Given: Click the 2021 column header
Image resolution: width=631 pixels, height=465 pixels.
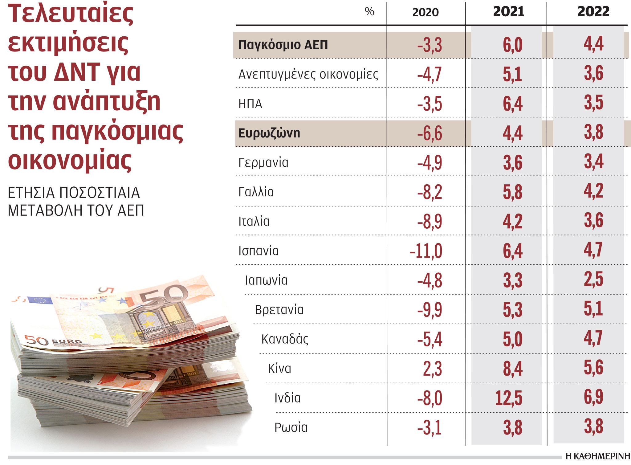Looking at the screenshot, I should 508,12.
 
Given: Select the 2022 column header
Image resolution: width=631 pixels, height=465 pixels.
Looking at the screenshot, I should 593,12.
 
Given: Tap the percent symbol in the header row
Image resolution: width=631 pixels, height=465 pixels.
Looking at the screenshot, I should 369,11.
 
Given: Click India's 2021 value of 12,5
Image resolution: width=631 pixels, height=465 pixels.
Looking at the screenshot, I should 508,398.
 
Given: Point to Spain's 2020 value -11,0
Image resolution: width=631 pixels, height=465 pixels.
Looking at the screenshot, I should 426,251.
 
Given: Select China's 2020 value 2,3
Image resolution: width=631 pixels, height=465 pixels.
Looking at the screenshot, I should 432,369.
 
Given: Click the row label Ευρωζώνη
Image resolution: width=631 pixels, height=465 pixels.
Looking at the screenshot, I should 269,133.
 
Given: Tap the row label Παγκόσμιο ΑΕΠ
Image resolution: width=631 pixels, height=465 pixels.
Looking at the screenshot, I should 283,45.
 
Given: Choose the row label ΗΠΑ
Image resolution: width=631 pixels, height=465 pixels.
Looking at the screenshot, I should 250,104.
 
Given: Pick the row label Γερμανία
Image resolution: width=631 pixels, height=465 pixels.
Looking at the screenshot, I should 263,162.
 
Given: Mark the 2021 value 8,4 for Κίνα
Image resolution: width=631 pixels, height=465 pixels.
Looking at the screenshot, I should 512,369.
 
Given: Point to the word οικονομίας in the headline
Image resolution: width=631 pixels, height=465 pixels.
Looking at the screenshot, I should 70,160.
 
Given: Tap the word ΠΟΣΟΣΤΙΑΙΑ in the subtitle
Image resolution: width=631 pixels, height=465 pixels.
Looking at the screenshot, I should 100,193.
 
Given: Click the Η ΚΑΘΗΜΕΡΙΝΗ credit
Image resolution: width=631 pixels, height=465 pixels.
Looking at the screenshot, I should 598,456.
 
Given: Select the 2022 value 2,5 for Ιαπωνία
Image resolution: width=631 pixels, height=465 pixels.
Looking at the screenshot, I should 593,279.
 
